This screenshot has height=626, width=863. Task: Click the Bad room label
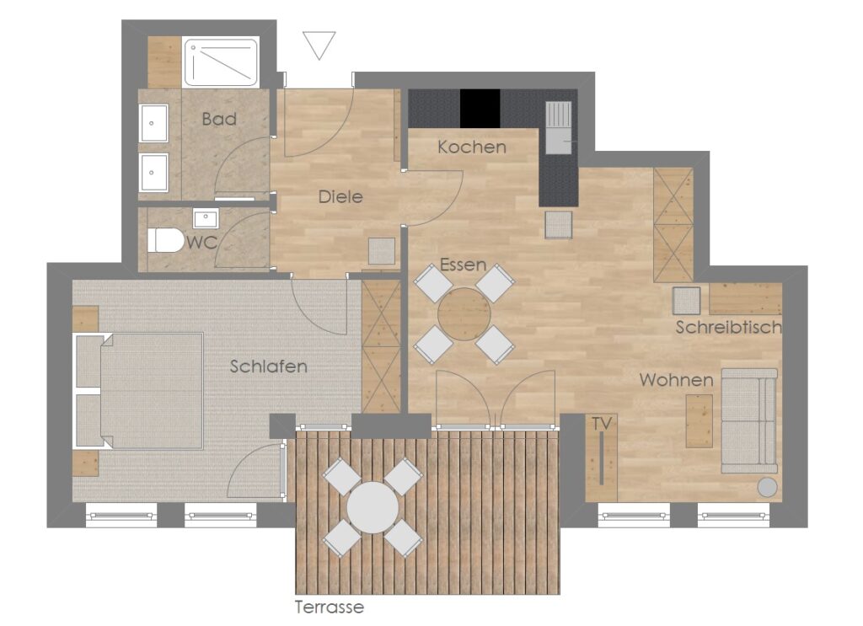[219, 119]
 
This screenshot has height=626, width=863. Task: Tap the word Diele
[340, 196]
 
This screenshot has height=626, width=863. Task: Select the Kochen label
[472, 147]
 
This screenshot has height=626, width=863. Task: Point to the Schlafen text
[269, 367]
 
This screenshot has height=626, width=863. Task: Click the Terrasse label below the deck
[330, 607]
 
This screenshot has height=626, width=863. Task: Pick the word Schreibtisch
[729, 327]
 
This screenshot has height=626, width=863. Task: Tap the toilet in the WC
[165, 240]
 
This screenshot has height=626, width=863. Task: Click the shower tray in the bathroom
[221, 62]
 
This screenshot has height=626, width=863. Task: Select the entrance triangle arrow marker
[319, 45]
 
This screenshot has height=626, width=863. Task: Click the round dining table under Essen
[464, 314]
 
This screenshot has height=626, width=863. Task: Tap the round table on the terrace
[373, 507]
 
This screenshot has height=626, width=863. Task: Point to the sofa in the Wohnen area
[749, 420]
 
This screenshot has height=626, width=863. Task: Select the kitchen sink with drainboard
[560, 127]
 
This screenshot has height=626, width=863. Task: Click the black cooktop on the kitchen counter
[480, 109]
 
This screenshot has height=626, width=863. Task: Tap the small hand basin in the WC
[206, 218]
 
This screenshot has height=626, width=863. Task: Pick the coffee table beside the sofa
[699, 420]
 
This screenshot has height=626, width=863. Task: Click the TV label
[602, 423]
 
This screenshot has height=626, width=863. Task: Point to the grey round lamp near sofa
[767, 487]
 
